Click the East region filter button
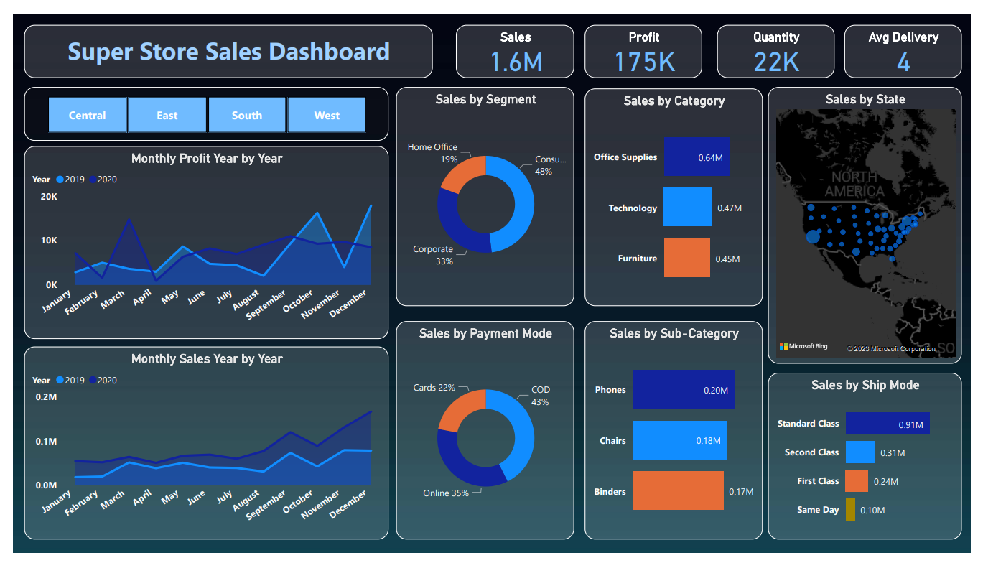point(167,116)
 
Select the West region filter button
point(327,116)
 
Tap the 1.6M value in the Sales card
point(516,62)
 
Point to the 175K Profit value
point(644,62)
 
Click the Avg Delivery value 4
point(903,62)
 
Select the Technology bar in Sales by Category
point(687,208)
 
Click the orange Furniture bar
point(686,258)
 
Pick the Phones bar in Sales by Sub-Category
point(683,389)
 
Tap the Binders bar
point(678,490)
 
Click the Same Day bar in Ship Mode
point(850,509)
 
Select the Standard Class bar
point(888,423)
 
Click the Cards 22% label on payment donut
point(434,388)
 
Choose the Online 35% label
point(446,493)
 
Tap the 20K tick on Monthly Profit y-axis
point(49,197)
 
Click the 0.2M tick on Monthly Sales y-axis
point(46,396)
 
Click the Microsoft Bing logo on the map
point(803,346)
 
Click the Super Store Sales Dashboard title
point(228,52)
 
